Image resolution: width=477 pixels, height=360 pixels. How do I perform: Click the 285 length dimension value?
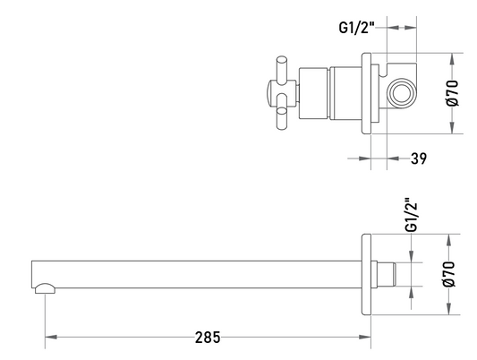[208, 338]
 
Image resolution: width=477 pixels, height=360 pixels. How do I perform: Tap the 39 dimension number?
[419, 159]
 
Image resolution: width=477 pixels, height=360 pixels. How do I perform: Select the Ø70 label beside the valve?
[452, 93]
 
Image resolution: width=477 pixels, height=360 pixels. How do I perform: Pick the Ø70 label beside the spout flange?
[449, 274]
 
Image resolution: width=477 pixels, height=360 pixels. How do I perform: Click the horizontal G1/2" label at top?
[356, 28]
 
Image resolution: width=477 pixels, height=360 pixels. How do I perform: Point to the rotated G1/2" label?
[412, 215]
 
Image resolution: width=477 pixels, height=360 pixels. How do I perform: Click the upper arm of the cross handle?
[281, 68]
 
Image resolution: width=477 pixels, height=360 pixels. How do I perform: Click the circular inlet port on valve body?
[401, 93]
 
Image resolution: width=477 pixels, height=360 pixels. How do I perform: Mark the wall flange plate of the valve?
[366, 93]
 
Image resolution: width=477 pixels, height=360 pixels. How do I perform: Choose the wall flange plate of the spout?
[366, 275]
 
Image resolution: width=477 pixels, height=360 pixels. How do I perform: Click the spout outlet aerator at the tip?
[45, 288]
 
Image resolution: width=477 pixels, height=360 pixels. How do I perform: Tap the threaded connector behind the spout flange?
[387, 274]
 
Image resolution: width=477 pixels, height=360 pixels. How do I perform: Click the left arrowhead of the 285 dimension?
[51, 338]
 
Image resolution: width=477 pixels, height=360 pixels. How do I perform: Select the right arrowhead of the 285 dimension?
[365, 338]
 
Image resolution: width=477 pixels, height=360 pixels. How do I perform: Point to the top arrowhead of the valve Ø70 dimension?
[452, 59]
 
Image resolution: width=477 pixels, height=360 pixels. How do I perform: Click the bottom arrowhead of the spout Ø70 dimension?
[449, 309]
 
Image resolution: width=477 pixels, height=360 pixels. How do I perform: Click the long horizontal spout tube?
[197, 274]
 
